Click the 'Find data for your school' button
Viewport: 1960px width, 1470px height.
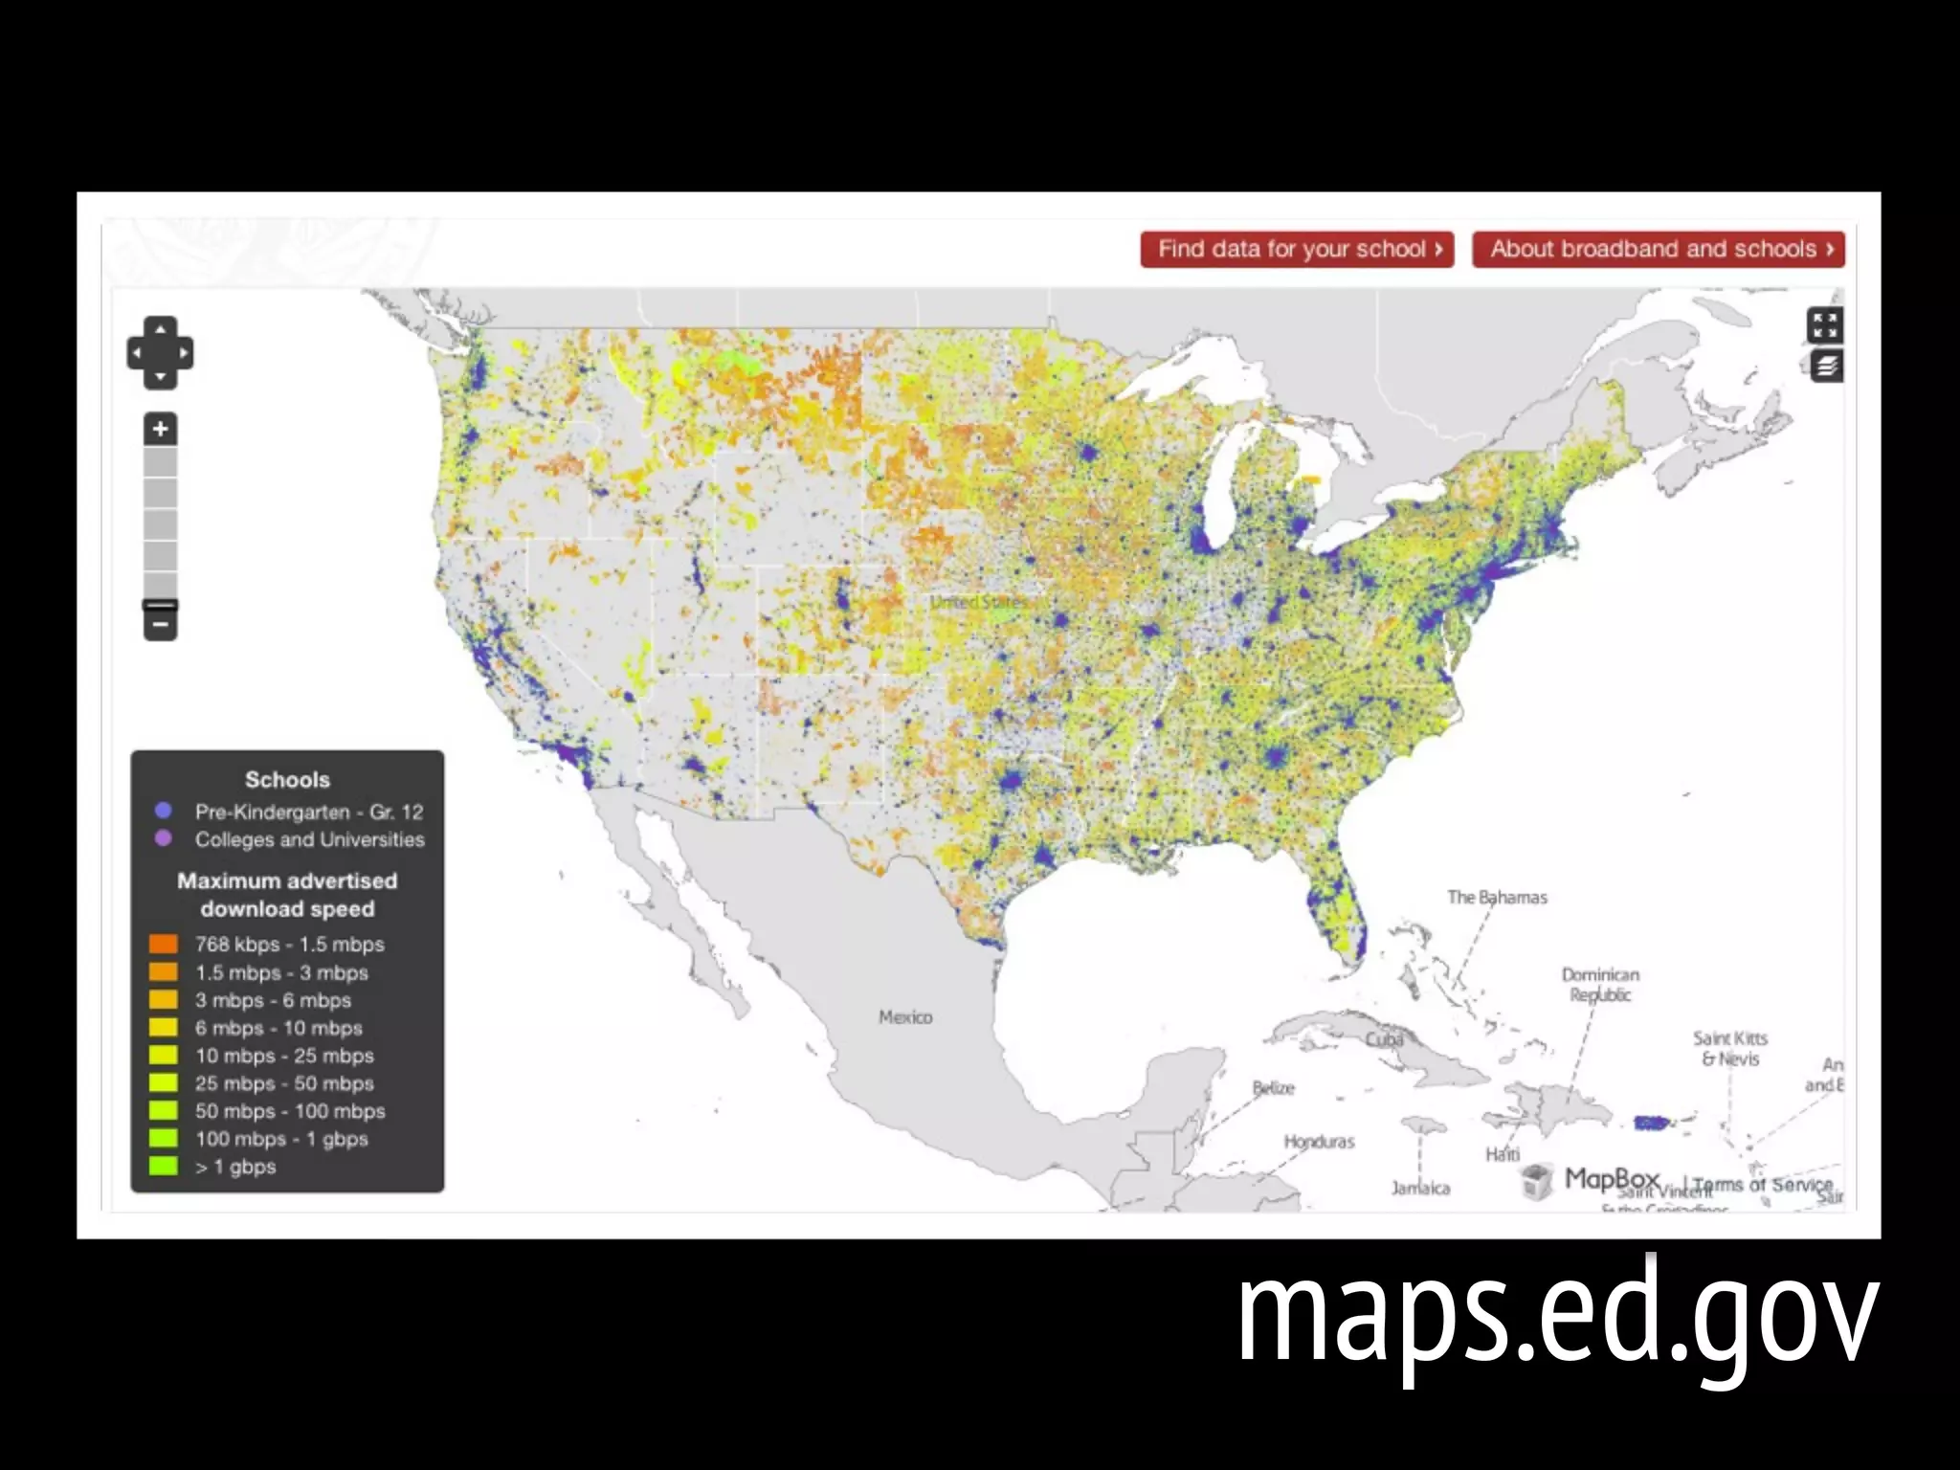coord(1297,250)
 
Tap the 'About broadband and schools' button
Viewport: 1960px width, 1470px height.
coord(1658,250)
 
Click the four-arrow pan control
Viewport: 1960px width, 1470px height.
coord(160,353)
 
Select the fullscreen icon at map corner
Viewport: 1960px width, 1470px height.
coord(1824,325)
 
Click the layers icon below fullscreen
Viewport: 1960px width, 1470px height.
coord(1826,367)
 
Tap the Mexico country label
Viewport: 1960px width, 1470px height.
coord(905,1017)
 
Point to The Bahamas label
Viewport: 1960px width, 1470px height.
coord(1497,898)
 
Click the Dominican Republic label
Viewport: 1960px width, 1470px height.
coord(1600,985)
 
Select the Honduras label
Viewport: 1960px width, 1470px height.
coord(1319,1142)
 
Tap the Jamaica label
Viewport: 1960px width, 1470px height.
coord(1420,1189)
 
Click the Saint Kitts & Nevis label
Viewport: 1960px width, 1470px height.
coord(1730,1049)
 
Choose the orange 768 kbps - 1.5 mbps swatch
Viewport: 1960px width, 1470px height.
coord(164,945)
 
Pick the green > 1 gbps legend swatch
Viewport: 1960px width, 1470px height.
coord(164,1167)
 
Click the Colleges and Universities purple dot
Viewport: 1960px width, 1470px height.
coord(164,838)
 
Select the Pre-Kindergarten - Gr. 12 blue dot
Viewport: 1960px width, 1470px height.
coord(164,811)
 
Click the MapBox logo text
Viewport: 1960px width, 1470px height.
coord(1612,1179)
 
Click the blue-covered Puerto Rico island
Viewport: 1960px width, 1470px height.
coord(1651,1123)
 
